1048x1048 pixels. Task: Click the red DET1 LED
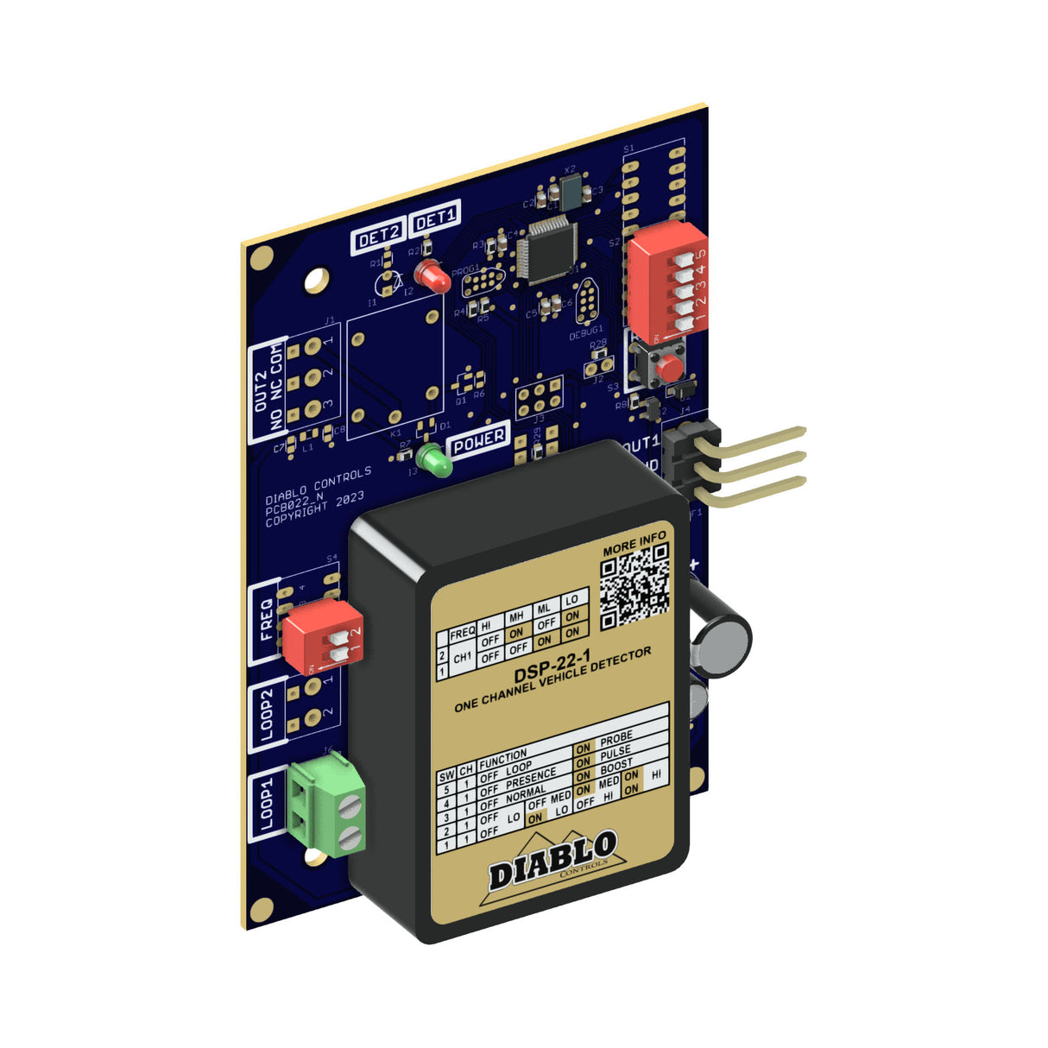(432, 276)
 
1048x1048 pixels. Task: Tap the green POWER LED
(434, 461)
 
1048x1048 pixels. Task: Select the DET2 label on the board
(379, 237)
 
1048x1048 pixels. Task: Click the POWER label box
(479, 440)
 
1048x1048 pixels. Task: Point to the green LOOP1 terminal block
(327, 806)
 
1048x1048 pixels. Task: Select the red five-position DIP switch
(667, 281)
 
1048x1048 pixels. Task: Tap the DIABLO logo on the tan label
(552, 859)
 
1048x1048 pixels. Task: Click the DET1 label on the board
(435, 219)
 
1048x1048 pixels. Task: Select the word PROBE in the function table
(616, 740)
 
